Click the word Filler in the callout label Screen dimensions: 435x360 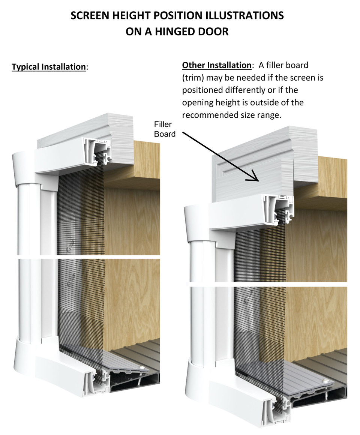point(163,124)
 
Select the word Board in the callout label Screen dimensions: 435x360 point(165,134)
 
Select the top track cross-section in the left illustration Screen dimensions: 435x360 point(96,150)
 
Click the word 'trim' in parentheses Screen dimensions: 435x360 point(191,78)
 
